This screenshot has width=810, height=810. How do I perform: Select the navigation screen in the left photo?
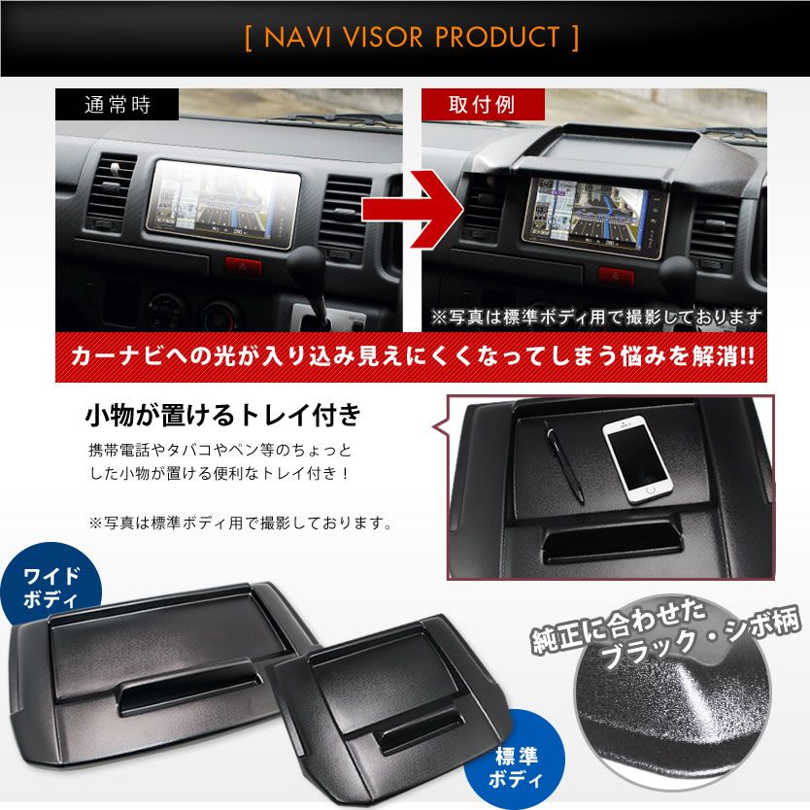tap(222, 201)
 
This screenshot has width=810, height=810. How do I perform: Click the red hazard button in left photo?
tap(243, 264)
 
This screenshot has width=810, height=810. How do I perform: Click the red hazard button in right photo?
tap(616, 276)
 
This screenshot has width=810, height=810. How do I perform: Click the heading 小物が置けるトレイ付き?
tap(222, 416)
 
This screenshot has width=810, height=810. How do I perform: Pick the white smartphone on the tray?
tap(637, 460)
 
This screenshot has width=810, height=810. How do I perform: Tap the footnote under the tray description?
tap(240, 523)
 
